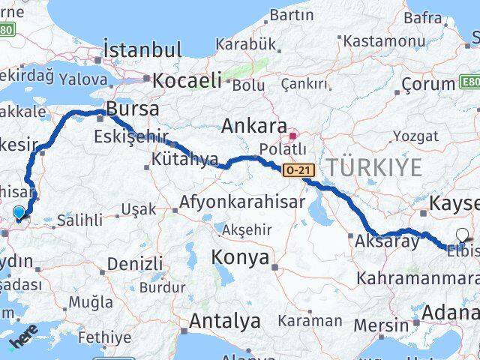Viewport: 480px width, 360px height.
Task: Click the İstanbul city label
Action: [x=143, y=50]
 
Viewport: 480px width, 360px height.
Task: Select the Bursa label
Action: [x=133, y=109]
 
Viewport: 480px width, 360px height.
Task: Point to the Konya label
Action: [x=241, y=257]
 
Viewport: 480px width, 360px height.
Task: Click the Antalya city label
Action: [x=224, y=321]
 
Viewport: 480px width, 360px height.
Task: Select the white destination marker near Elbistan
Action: [x=460, y=235]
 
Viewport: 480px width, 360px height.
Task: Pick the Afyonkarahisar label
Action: [x=242, y=202]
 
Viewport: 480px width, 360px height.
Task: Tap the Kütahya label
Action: [x=184, y=160]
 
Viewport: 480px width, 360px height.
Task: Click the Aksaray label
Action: [x=385, y=241]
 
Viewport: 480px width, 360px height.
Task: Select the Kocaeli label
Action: [x=187, y=79]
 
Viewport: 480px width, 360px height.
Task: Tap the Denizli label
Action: [x=135, y=264]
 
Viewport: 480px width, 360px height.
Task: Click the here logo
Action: [x=23, y=342]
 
